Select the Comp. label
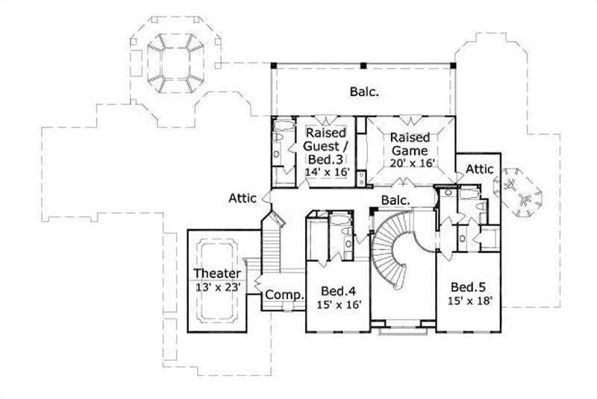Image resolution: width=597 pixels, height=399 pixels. point(285,295)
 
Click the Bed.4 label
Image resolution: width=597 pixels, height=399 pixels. point(337,291)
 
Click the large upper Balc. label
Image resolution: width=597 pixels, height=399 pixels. point(364,92)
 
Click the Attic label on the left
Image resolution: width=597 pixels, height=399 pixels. point(243,198)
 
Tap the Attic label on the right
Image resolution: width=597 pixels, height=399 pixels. point(480,169)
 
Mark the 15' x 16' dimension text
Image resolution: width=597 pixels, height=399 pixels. point(337,305)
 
